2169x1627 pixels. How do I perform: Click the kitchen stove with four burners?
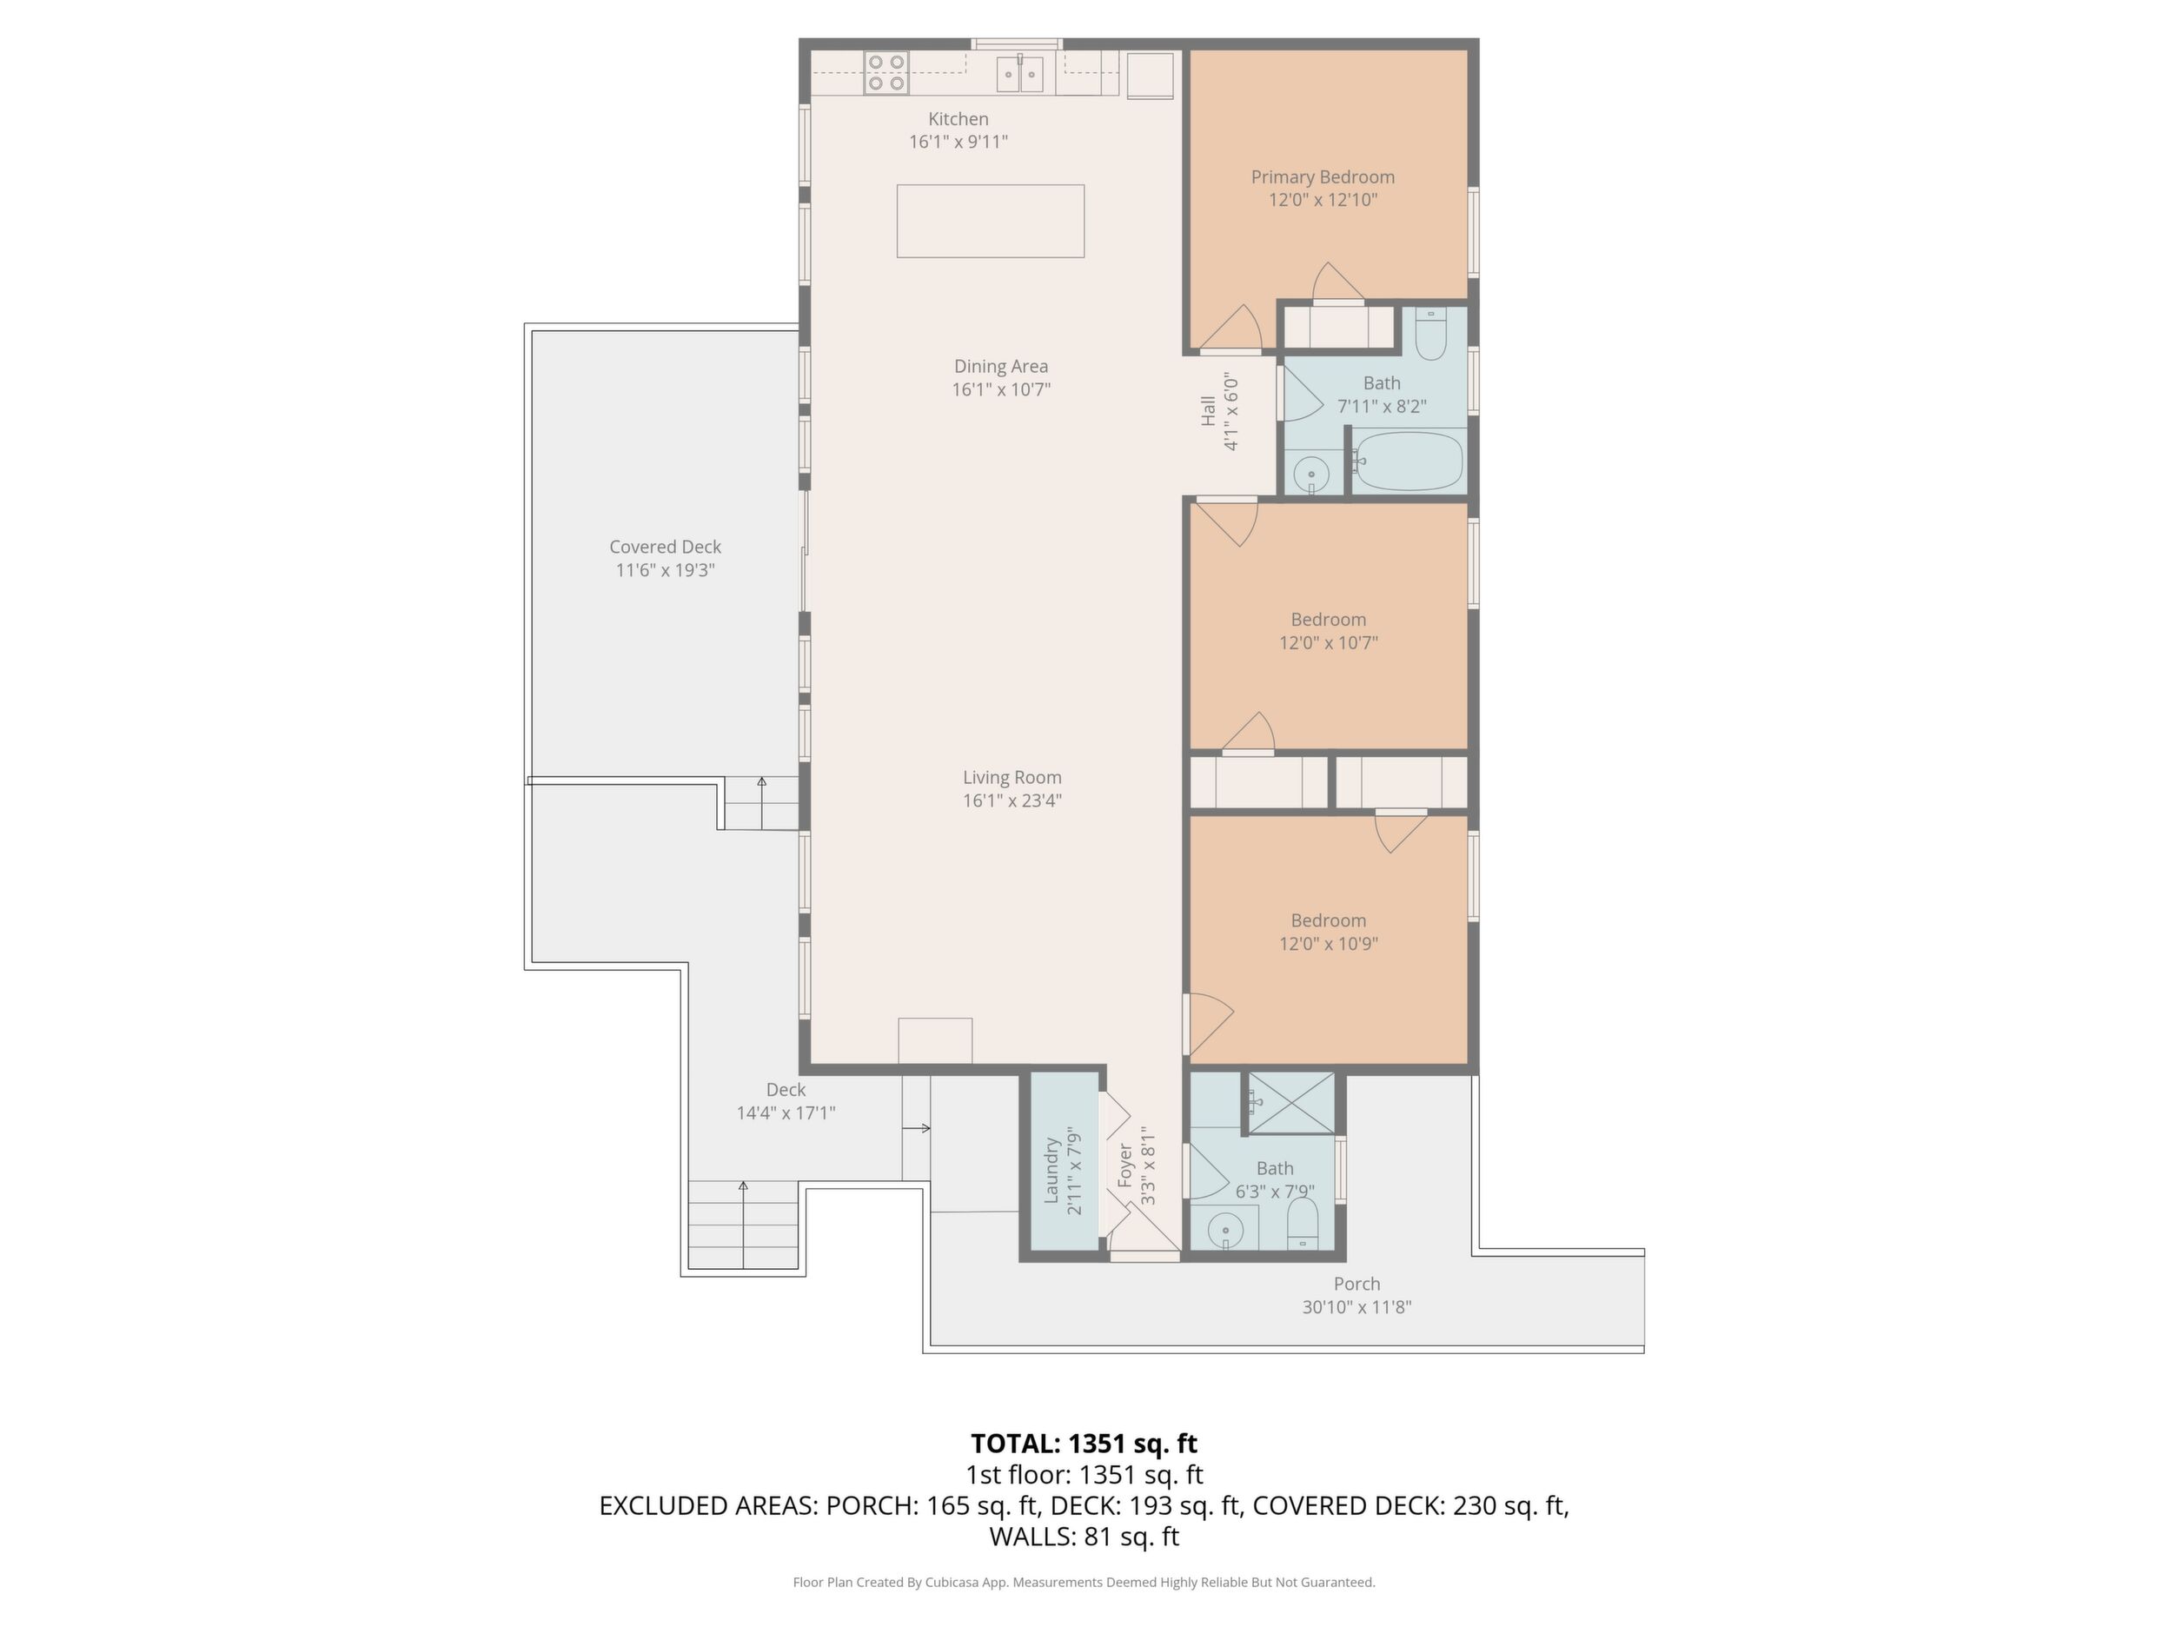886,73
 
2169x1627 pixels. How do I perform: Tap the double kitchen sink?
1020,74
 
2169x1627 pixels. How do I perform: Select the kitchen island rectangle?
991,221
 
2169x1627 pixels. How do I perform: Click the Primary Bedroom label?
1323,176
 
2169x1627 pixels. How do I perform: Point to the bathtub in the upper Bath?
1408,461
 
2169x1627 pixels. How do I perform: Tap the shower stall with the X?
1291,1103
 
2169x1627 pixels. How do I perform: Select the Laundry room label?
1051,1171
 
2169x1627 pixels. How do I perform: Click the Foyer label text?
1124,1166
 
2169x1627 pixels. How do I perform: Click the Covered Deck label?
665,547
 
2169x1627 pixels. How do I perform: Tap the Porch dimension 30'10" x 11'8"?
1356,1306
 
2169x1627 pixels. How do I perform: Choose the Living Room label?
1012,777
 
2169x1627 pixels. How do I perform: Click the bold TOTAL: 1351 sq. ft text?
1084,1444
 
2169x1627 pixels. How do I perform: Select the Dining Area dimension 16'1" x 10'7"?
1001,389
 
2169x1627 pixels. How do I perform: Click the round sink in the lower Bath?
1224,1230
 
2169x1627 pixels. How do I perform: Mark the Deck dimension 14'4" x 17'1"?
786,1112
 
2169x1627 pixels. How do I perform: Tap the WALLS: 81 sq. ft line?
1084,1537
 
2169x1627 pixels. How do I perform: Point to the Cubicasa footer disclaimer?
1084,1582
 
